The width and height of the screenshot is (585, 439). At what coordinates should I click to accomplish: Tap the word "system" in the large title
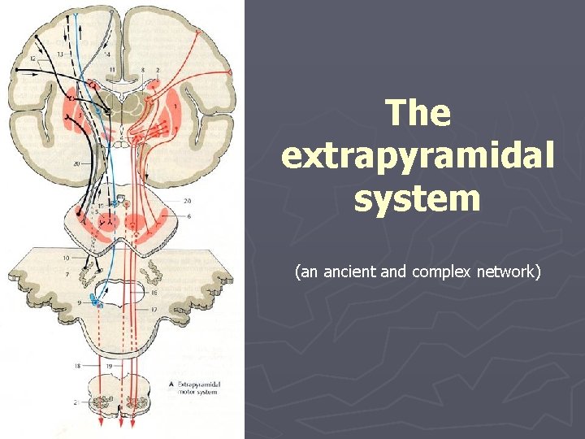pos(418,198)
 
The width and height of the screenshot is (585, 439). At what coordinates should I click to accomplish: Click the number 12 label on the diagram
pos(33,59)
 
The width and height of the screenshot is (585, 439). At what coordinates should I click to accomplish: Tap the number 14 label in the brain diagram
pos(106,54)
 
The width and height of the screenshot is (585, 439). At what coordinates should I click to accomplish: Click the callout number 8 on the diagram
pos(142,71)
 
